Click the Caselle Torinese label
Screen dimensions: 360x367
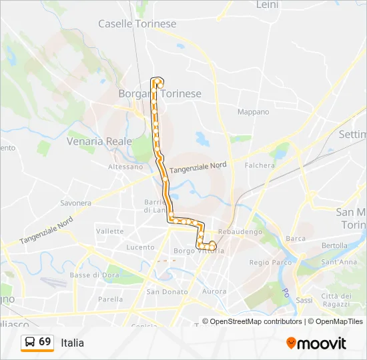[x=137, y=24]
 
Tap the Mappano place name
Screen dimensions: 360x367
[x=254, y=112]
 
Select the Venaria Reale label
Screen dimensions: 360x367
[x=99, y=141]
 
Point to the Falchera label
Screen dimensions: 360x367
[x=260, y=165]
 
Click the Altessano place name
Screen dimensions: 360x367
[x=126, y=167]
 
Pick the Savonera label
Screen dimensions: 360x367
[x=75, y=203]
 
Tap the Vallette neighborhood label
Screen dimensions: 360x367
[x=109, y=231]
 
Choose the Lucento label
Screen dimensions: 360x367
[x=140, y=247]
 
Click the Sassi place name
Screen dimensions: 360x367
[x=304, y=300]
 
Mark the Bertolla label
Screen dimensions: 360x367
[x=334, y=245]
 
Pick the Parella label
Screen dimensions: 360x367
[x=111, y=299]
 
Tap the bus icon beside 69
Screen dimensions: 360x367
[x=30, y=342]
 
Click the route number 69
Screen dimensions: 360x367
[x=45, y=341]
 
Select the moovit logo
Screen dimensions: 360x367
[x=316, y=343]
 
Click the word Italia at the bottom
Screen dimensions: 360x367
[x=72, y=343]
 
